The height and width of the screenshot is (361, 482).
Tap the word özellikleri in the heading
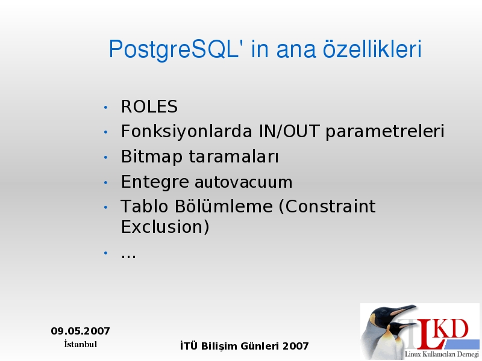coord(372,49)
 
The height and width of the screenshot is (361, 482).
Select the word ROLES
coord(149,106)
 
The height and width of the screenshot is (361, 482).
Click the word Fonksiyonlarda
coord(187,131)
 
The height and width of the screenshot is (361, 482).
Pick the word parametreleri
coord(385,132)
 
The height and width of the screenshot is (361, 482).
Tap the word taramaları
coord(234,156)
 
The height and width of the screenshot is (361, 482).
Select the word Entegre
coord(155,182)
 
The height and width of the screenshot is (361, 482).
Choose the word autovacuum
coord(243,182)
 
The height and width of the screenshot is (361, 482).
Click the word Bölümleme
coord(224,206)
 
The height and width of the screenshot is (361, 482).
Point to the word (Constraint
coord(327,206)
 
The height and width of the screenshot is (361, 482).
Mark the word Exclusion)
coord(165,227)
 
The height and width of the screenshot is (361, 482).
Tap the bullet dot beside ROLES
coord(106,108)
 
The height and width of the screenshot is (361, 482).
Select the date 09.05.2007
coord(81,331)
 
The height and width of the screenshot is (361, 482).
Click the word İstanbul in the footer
coord(81,344)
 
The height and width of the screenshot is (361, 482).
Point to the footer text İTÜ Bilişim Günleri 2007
coord(245,346)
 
